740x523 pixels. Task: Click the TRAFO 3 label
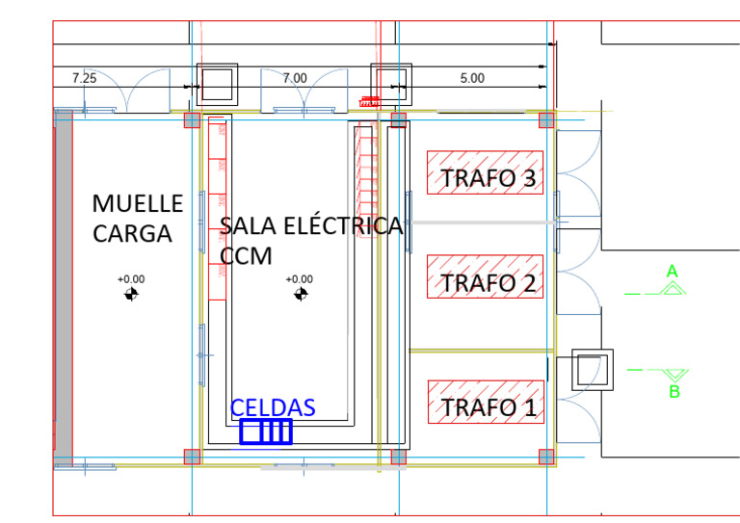[487, 178]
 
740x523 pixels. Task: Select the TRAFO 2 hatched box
[486, 275]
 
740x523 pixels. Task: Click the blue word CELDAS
[273, 407]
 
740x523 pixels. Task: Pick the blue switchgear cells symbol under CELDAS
[265, 431]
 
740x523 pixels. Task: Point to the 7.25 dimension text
[85, 78]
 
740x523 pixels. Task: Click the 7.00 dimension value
[295, 78]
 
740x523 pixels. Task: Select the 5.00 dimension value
[472, 78]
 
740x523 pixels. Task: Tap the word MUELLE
[137, 203]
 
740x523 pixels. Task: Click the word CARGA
[132, 234]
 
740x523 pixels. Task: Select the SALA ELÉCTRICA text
[311, 226]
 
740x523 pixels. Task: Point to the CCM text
[246, 256]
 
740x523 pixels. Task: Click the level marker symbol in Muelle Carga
[131, 294]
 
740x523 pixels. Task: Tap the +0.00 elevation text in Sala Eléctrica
[300, 279]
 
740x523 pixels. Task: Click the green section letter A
[673, 272]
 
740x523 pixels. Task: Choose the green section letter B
[674, 392]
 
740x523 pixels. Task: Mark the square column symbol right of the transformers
[591, 370]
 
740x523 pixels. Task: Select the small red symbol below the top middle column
[368, 100]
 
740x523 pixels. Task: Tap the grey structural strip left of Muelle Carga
[64, 287]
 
